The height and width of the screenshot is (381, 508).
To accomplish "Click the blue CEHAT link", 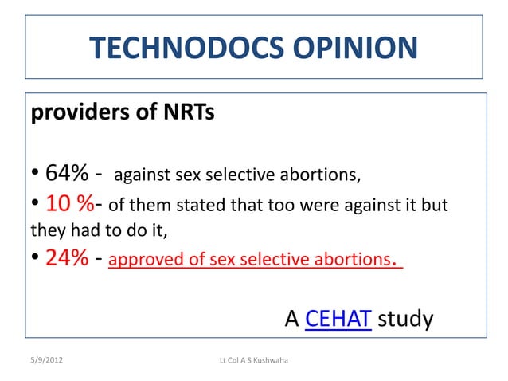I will click(x=338, y=319).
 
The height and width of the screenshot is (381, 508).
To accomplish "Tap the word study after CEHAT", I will click(x=405, y=319).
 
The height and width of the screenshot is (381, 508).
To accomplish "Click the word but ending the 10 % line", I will click(x=436, y=205).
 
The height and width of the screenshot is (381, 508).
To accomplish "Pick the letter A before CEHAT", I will click(x=292, y=319).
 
